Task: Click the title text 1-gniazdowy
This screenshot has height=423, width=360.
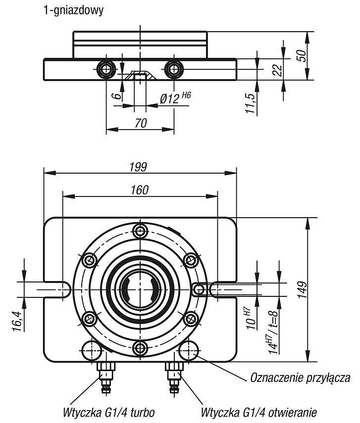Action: pyautogui.click(x=73, y=11)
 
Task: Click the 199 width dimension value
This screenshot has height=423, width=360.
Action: pyautogui.click(x=138, y=167)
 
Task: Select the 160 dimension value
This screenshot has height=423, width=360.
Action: pyautogui.click(x=140, y=190)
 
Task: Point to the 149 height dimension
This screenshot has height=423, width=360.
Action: pyautogui.click(x=303, y=289)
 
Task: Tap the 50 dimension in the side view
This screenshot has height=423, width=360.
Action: pyautogui.click(x=302, y=56)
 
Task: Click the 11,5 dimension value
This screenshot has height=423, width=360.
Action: pyautogui.click(x=251, y=103)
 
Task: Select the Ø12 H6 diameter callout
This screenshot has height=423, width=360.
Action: pyautogui.click(x=175, y=98)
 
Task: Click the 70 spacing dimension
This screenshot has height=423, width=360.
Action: pyautogui.click(x=141, y=123)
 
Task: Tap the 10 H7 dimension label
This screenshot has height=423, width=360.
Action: pyautogui.click(x=251, y=319)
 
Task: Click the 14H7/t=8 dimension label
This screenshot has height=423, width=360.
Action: pyautogui.click(x=273, y=332)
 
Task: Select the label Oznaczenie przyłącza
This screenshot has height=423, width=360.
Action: pyautogui.click(x=300, y=377)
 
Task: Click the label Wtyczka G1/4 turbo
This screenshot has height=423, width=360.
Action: pyautogui.click(x=109, y=412)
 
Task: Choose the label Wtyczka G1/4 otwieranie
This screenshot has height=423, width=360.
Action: pyautogui.click(x=258, y=412)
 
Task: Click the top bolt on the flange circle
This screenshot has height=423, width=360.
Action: pyautogui.click(x=140, y=231)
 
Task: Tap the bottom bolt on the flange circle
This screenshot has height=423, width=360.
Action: pyautogui.click(x=140, y=348)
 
